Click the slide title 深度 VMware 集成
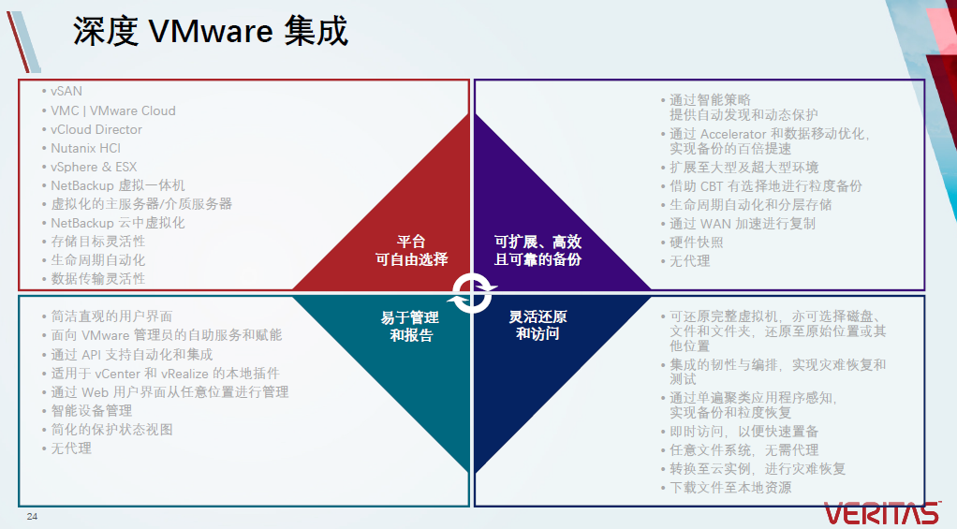click(x=210, y=32)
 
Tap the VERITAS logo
click(x=881, y=513)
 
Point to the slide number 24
click(x=32, y=517)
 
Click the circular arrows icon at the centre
click(x=471, y=292)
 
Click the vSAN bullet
click(x=66, y=92)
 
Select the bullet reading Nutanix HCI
click(x=85, y=148)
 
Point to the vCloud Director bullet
click(x=96, y=129)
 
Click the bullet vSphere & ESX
click(x=94, y=167)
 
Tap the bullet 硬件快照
click(x=696, y=242)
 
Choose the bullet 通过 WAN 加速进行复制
click(x=742, y=224)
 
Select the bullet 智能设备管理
click(x=91, y=410)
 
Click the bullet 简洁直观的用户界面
click(x=111, y=316)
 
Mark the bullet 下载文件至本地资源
click(x=730, y=487)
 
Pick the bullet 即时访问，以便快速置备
click(x=744, y=431)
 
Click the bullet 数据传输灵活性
click(x=98, y=278)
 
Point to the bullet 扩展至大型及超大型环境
click(x=744, y=167)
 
